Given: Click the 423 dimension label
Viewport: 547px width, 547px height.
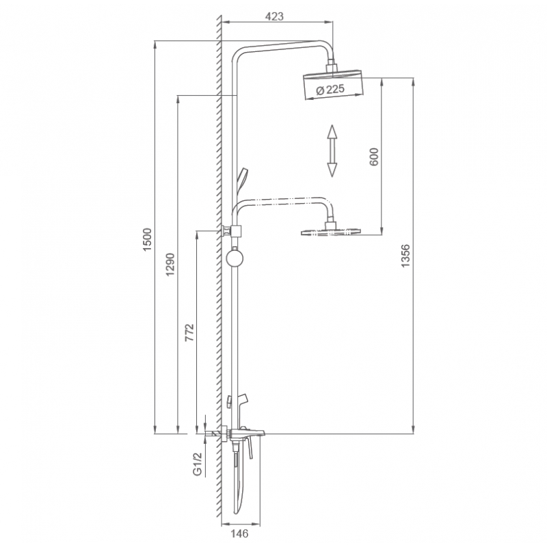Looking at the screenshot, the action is pyautogui.click(x=274, y=16).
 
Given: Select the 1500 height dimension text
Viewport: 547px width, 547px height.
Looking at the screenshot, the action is pyautogui.click(x=148, y=239).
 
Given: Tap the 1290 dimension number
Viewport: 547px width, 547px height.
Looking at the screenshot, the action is pyautogui.click(x=170, y=265).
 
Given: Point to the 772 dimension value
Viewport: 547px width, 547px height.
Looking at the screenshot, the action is pyautogui.click(x=189, y=332).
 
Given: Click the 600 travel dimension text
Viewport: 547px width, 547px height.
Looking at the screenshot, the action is pyautogui.click(x=373, y=157).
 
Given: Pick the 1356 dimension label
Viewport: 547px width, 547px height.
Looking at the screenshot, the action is pyautogui.click(x=405, y=256).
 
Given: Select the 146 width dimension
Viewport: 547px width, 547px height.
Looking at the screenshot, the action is pyautogui.click(x=240, y=533).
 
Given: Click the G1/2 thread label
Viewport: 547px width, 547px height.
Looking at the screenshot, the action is pyautogui.click(x=198, y=464).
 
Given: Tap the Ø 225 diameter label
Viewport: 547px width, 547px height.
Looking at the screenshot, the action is pyautogui.click(x=330, y=90).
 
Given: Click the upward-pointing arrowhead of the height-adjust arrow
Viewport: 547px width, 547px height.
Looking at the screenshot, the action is pyautogui.click(x=332, y=131).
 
